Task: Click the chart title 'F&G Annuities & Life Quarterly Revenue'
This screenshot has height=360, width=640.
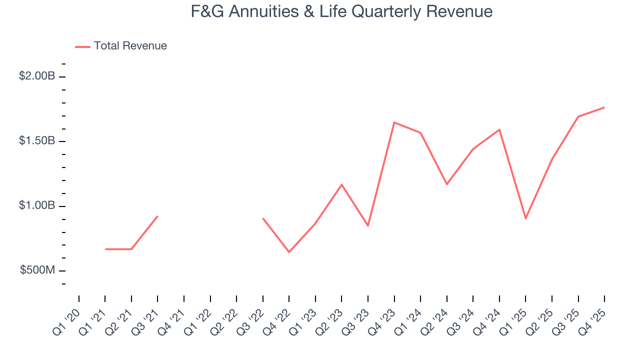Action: pos(341,11)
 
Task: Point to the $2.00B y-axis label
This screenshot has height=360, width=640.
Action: pos(37,76)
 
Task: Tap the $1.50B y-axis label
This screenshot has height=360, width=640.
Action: pos(37,141)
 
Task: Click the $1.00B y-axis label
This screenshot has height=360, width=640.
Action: pos(37,206)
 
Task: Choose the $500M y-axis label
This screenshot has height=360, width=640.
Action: pos(37,270)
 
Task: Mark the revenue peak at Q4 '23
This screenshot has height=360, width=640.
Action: pos(394,122)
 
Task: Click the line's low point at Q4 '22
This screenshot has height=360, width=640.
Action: pos(289,252)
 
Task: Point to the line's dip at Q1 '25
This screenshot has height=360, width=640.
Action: pos(525,218)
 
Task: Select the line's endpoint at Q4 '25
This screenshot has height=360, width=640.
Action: pos(604,107)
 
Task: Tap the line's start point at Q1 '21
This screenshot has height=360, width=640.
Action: pos(105,249)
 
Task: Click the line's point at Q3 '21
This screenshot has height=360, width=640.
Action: pos(157,216)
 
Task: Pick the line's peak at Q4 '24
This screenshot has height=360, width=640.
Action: pos(499,129)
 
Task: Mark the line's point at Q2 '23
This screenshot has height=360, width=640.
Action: pos(341,184)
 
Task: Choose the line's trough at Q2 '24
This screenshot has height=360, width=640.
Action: pos(446,184)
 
